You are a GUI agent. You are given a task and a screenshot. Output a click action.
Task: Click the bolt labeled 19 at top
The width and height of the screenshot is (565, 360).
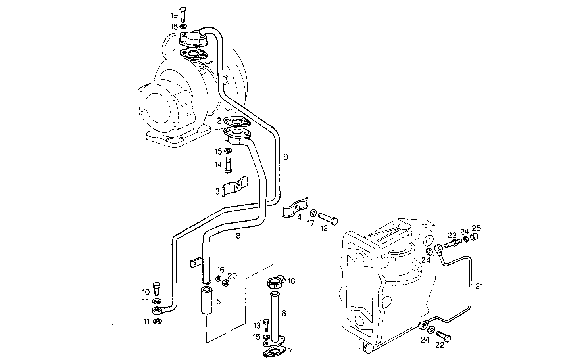click(x=183, y=14)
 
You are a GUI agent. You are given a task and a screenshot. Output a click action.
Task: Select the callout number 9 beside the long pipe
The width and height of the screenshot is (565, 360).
click(x=285, y=157)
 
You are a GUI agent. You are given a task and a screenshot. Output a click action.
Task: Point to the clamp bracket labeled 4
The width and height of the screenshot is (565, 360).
click(x=296, y=209)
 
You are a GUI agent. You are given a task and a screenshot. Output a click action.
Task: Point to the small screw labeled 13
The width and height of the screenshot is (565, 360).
click(x=266, y=325)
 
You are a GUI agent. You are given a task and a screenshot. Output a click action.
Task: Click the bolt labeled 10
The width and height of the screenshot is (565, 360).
click(x=157, y=288)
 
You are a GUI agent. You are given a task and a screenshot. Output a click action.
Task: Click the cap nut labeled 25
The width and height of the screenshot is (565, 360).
click(x=474, y=237)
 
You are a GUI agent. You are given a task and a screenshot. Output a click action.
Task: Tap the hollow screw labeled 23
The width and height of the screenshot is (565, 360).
click(x=452, y=242)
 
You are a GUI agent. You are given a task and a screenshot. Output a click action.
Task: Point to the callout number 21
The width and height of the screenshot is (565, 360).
click(x=479, y=286)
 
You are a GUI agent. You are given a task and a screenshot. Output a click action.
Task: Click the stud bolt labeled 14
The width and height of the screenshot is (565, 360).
click(x=228, y=165)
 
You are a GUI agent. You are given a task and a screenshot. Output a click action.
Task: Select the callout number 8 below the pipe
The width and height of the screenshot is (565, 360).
click(x=238, y=236)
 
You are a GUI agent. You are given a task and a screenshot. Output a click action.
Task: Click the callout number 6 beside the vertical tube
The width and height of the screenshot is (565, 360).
click(x=284, y=313)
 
